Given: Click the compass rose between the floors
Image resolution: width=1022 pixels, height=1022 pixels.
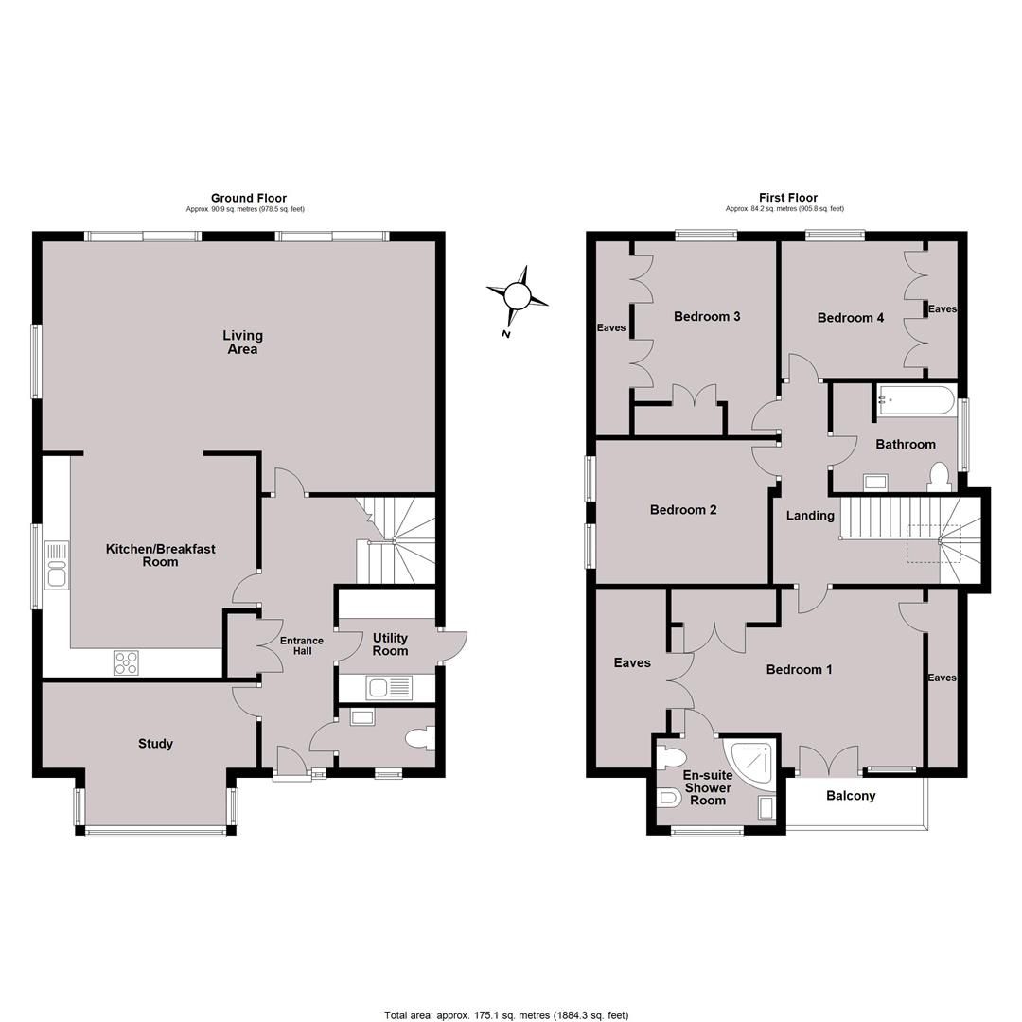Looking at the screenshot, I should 518,297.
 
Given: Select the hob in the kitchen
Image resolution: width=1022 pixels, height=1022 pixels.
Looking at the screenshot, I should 127,662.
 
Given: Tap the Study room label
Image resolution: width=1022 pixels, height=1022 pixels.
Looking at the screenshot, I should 155,744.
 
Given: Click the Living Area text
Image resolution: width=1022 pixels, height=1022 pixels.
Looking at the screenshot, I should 242,342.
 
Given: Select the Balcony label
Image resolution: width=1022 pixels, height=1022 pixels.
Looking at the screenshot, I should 851,796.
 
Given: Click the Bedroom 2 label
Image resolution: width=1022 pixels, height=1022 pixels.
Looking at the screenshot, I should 683,510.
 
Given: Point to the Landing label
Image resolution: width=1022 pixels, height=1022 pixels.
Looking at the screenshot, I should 810,516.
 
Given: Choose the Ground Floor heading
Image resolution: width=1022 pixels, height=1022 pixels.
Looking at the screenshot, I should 248,198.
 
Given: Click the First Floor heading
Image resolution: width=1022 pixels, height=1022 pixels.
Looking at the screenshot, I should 788,198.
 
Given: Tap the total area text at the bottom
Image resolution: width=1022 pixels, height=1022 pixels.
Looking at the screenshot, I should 506,1015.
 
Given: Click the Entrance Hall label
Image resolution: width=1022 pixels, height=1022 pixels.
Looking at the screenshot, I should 302,645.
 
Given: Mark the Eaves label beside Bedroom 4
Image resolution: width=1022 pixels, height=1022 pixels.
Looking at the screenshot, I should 943,308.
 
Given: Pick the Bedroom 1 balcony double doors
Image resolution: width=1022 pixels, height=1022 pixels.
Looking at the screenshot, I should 829,761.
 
